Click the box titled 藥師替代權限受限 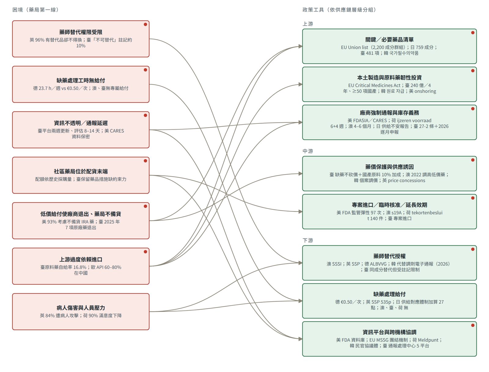(x=81, y=39)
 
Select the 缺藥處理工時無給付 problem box (x=81, y=84)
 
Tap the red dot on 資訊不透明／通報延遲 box (x=145, y=115)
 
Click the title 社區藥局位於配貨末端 (x=81, y=171)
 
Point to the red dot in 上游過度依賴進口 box (x=145, y=252)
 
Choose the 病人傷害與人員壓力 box (x=81, y=312)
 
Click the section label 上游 (x=308, y=24)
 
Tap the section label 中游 (x=308, y=151)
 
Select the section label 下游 (x=308, y=240)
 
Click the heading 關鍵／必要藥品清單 (x=389, y=40)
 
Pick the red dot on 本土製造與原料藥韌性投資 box (x=472, y=71)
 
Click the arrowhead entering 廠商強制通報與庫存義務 (x=300, y=122)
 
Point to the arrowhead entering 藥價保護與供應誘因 (x=300, y=173)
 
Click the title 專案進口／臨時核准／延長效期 (x=389, y=205)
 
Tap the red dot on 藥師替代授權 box (x=472, y=249)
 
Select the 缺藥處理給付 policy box (x=389, y=301)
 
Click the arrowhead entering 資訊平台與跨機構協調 (x=300, y=339)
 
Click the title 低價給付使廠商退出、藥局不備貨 (x=81, y=214)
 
